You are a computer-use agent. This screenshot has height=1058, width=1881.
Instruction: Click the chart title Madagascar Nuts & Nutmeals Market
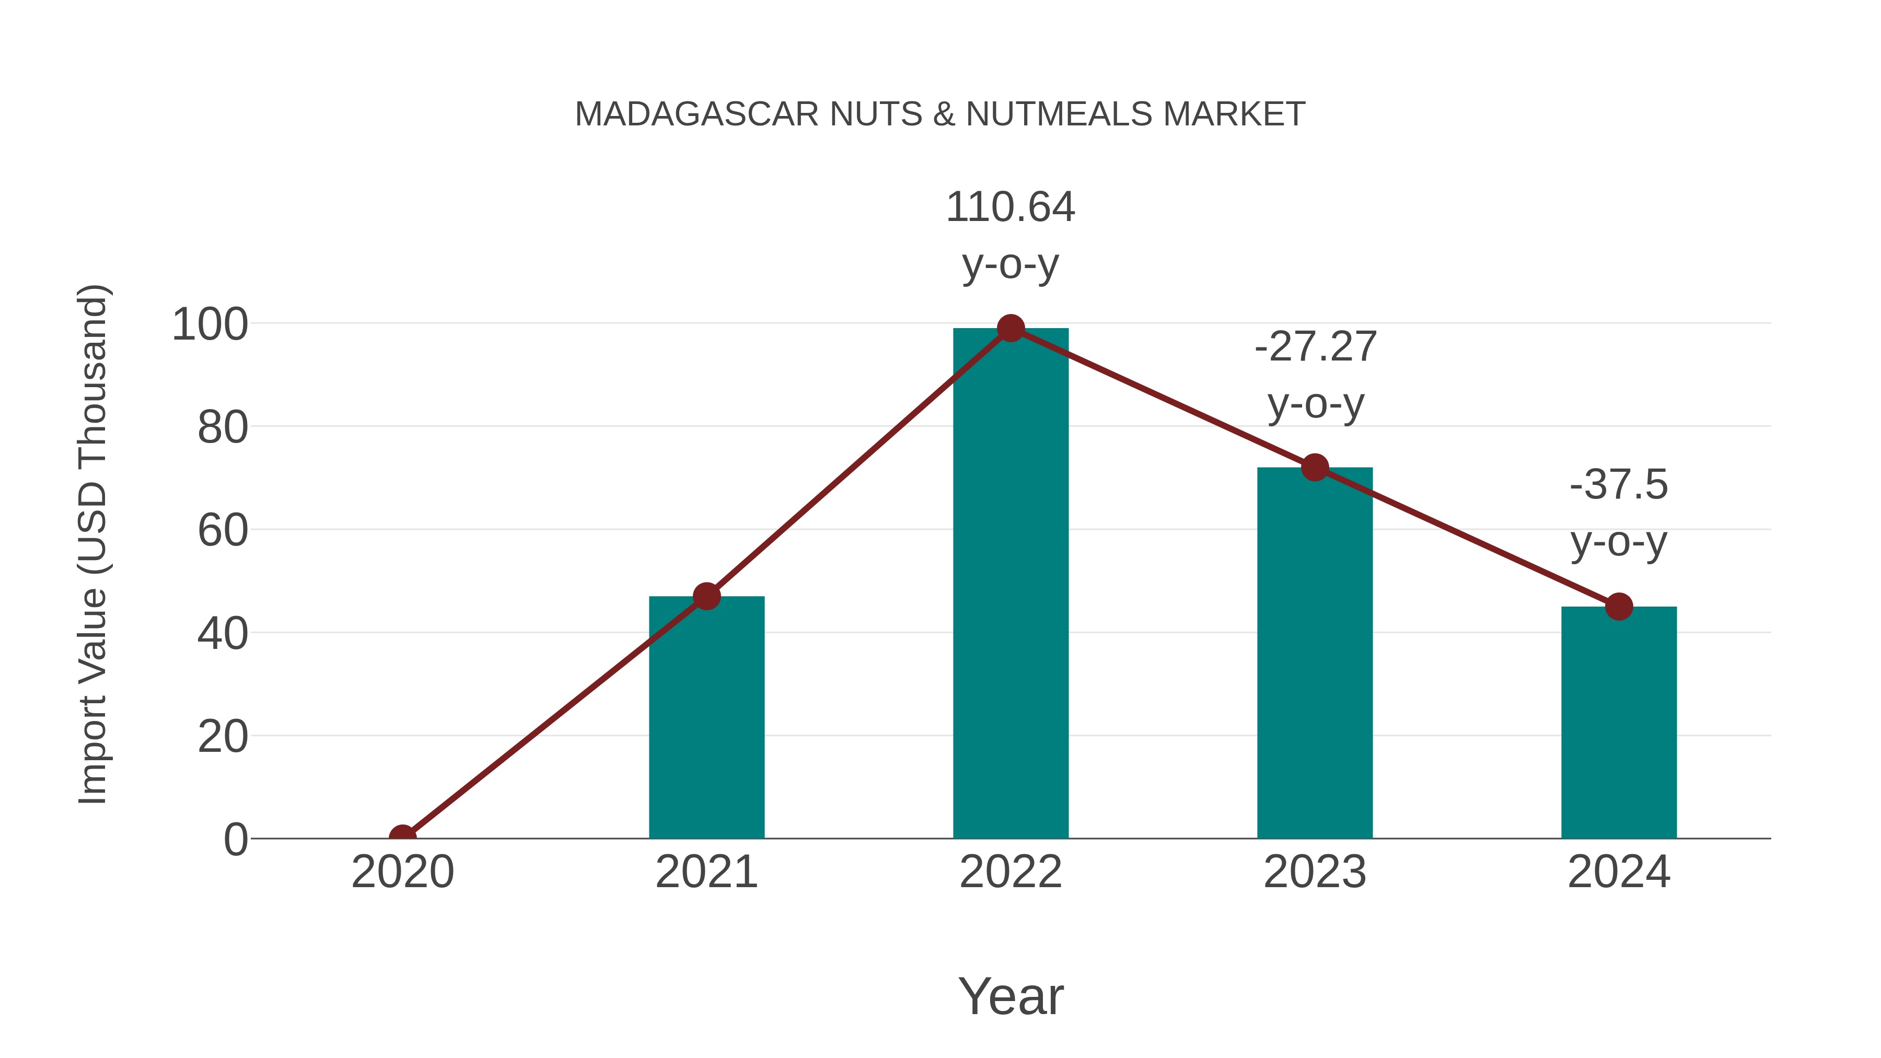pos(940,114)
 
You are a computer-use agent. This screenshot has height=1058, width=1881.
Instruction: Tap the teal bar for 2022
pos(1011,584)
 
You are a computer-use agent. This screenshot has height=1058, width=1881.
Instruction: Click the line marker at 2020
pos(403,837)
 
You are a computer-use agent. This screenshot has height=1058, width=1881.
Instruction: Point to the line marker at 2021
pos(707,597)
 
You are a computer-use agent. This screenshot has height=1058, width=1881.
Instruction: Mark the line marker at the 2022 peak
pos(1011,329)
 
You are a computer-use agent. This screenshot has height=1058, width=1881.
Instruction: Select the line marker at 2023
pos(1315,467)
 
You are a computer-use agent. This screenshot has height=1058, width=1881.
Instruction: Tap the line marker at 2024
pos(1619,606)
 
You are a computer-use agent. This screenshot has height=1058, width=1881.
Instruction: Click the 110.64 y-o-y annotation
pos(1011,235)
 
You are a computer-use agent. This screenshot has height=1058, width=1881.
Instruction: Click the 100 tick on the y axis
pos(210,325)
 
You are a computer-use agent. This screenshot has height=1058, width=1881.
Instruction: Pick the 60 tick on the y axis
pos(223,531)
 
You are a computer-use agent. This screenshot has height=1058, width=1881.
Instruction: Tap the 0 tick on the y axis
pos(236,840)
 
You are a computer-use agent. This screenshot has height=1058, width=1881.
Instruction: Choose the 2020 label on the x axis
pos(403,872)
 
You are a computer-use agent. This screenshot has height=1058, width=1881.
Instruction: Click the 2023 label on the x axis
pos(1315,872)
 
